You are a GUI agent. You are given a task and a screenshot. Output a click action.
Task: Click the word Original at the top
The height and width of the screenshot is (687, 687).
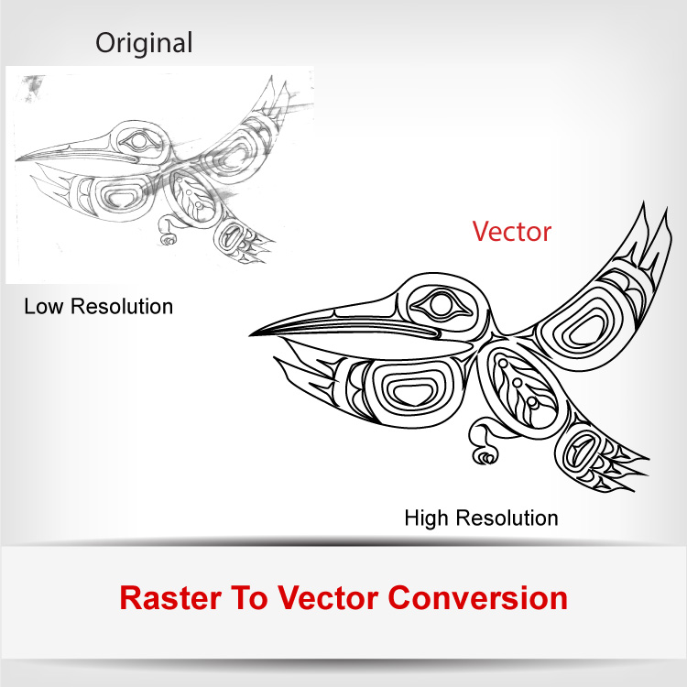[144, 43]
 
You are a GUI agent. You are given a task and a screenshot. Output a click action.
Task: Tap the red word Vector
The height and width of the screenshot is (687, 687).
[512, 232]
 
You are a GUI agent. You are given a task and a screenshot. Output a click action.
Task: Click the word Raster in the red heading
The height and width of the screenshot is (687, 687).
[170, 597]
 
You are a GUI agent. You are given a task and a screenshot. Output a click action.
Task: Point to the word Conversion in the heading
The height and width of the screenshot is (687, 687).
[478, 597]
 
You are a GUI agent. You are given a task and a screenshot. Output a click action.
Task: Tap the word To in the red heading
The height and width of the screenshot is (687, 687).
[249, 597]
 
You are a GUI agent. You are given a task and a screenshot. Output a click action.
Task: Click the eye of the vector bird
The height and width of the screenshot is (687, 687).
[441, 305]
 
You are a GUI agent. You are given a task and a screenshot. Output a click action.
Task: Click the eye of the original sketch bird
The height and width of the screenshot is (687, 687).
[137, 141]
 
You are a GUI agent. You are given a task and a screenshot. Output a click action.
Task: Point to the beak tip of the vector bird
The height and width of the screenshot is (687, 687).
[251, 335]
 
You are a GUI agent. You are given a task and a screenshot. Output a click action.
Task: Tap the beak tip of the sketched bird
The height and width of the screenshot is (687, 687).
[16, 160]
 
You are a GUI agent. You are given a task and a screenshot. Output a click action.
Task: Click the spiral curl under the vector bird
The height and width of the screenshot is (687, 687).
[485, 456]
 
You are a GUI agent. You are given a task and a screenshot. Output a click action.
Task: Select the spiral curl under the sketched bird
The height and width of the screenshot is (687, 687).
[169, 239]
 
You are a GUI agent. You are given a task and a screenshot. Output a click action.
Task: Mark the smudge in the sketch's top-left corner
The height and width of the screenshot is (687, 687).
[33, 87]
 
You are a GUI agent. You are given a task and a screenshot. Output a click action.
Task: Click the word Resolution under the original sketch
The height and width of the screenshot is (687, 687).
[122, 306]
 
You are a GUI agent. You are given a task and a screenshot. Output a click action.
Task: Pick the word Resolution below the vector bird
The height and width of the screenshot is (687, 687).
[507, 518]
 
